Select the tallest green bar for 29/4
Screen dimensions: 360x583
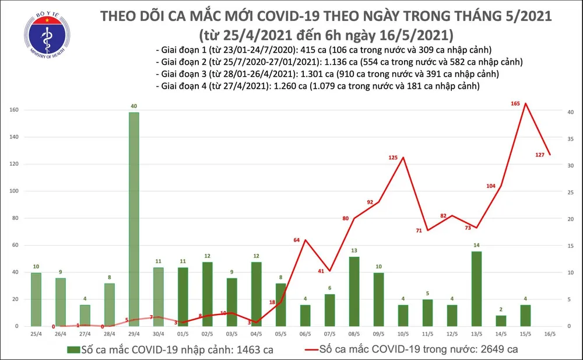134,219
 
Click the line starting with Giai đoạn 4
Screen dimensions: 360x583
318,86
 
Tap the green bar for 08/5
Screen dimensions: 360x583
354,291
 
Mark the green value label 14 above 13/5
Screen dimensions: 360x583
476,245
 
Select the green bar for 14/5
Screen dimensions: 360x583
501,320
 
